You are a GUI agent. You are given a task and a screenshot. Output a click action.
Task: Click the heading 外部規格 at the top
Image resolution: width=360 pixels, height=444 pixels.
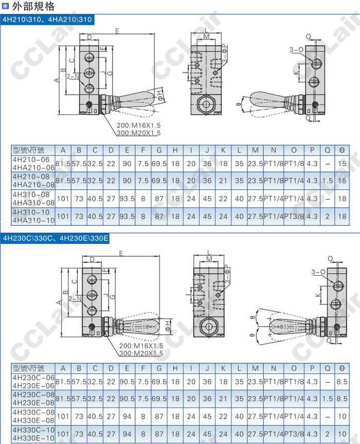33,6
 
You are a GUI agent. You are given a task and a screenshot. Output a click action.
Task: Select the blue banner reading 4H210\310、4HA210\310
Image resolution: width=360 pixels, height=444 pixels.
47,20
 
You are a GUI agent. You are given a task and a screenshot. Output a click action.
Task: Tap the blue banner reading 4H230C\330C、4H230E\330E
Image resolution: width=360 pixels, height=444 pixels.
56,238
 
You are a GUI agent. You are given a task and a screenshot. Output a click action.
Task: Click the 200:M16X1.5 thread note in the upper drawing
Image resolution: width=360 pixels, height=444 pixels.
139,126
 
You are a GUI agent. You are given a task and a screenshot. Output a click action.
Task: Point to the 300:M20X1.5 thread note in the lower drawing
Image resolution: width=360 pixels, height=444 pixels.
141,353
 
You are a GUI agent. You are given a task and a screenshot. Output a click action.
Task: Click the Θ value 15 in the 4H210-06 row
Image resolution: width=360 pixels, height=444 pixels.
342,164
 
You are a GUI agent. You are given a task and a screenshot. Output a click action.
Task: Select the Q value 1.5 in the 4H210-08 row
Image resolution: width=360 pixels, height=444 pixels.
328,181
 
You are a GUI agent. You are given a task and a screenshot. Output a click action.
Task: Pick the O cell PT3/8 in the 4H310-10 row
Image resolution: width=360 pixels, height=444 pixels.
294,216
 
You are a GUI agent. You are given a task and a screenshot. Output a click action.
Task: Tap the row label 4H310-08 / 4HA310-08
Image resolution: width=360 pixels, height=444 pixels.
33,199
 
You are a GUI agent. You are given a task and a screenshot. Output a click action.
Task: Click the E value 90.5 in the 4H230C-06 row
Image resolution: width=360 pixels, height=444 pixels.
127,381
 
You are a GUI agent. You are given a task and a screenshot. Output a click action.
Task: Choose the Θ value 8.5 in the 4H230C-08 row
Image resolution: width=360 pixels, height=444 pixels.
342,399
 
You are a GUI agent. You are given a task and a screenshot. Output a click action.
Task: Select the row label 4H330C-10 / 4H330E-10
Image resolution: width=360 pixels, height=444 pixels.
33,434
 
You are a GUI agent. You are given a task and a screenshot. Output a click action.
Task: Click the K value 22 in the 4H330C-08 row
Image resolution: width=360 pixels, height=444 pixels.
223,416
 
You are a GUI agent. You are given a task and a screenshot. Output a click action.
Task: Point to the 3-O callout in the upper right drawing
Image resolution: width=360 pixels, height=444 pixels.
296,50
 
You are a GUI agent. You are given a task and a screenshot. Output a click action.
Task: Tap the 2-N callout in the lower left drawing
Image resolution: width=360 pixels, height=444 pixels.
74,298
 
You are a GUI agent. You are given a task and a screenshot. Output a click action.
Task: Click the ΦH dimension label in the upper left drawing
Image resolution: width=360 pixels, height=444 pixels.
160,95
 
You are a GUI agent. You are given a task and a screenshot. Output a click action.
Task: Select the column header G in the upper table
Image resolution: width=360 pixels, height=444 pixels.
159,150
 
